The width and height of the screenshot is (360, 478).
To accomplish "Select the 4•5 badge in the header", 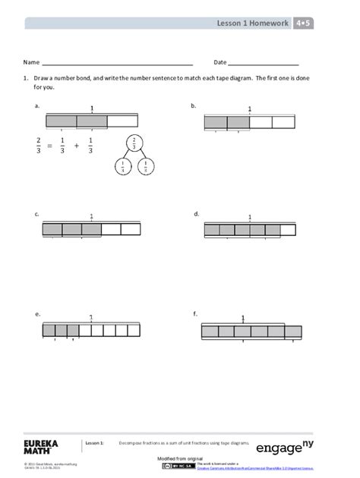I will [x=305, y=24].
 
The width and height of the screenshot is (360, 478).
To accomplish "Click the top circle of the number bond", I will [x=134, y=143].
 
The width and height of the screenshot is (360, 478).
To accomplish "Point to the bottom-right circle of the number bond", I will [x=145, y=168].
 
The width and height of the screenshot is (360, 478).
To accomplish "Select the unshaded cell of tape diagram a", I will [x=122, y=121].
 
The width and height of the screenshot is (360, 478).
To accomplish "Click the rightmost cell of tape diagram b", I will [x=283, y=122].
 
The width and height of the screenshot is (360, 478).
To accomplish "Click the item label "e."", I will [x=37, y=313].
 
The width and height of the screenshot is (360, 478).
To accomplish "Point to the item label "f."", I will [x=195, y=313].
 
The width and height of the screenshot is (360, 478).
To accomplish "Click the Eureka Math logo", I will [x=44, y=445].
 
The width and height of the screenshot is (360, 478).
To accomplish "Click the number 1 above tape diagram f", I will [x=243, y=319].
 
